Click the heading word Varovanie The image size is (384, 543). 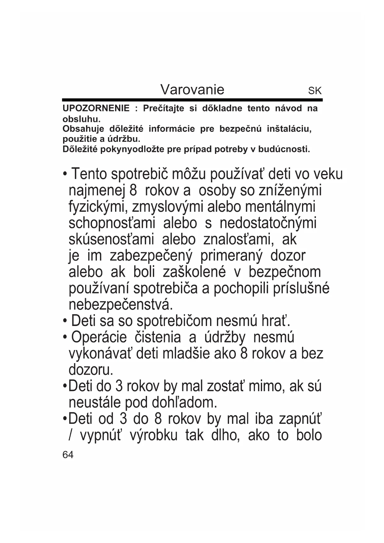[x=192, y=90]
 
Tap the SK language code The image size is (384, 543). [x=315, y=91]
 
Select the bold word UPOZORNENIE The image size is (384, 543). [x=96, y=108]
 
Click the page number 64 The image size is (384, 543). [x=68, y=455]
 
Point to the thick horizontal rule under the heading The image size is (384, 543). [x=192, y=100]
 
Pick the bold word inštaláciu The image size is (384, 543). [x=289, y=129]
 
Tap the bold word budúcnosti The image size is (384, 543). [x=284, y=150]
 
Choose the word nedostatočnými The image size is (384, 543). [x=268, y=223]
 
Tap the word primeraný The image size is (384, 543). [x=231, y=256]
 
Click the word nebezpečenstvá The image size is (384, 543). [x=120, y=305]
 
